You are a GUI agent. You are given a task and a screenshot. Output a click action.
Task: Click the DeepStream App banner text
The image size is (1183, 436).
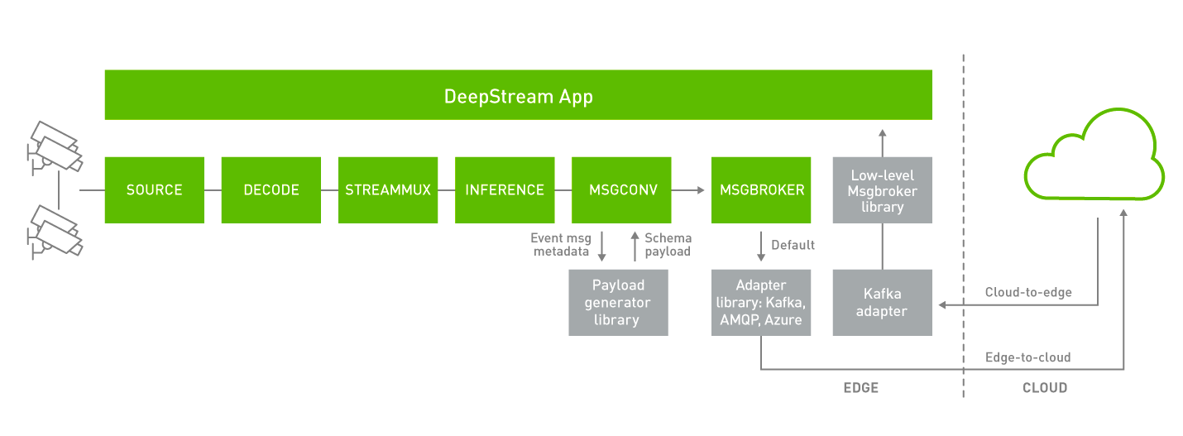pos(518,96)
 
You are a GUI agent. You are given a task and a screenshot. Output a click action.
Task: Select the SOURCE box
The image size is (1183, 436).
pos(154,189)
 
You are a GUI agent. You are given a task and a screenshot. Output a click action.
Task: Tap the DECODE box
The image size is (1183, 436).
pos(271,189)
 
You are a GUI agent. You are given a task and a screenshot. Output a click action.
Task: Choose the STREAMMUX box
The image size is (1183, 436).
pos(388,189)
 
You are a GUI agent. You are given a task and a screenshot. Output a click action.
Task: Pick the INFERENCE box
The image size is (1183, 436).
pos(505,189)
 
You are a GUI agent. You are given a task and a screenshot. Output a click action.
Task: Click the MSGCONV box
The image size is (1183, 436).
pos(621,189)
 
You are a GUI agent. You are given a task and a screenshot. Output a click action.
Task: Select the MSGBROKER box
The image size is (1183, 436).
pos(761,189)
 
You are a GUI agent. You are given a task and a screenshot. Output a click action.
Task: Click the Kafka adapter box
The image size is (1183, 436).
pos(882,303)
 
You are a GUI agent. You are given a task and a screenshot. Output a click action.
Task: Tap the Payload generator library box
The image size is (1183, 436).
pos(618,303)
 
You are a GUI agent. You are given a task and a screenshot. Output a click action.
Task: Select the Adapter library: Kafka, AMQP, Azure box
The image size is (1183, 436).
pos(760,303)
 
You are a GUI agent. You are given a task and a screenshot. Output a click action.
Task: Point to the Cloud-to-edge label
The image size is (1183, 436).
pos(1027,292)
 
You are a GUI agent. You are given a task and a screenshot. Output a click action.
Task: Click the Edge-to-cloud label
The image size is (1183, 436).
pos(1027,357)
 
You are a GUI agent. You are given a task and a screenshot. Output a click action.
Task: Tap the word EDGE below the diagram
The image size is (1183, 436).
pos(860,387)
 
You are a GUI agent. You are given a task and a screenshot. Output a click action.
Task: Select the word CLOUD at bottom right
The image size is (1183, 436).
pos(1045,387)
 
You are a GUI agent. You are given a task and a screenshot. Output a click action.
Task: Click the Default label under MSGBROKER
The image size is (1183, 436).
pos(793,245)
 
